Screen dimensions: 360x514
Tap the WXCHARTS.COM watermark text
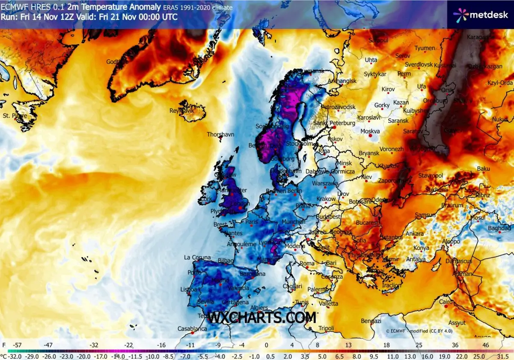(x=262, y=318)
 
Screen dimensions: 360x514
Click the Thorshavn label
(x=220, y=134)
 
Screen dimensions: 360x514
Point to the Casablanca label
(x=192, y=329)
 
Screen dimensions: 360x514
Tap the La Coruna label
(x=197, y=257)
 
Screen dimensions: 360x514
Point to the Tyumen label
(x=425, y=48)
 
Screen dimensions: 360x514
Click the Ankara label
(x=415, y=234)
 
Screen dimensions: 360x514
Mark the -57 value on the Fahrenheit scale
(x=18, y=344)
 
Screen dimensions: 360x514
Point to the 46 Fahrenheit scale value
(x=485, y=344)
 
